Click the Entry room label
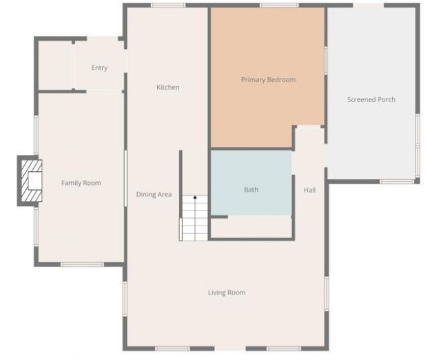tap(99, 68)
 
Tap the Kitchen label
tap(168, 88)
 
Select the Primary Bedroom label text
tap(268, 80)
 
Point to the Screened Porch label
tap(371, 100)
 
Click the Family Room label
tap(81, 183)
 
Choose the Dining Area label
tap(154, 194)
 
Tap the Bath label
tap(252, 190)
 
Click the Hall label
tap(309, 190)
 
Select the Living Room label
tap(227, 292)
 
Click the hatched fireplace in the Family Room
tap(30, 181)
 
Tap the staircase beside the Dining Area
tap(194, 219)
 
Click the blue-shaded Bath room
tap(252, 172)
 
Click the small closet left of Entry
tap(55, 65)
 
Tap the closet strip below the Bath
tap(252, 228)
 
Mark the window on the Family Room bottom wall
tap(82, 264)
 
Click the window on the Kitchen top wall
tap(163, 6)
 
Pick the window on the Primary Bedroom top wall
tap(279, 6)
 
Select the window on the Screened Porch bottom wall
tap(398, 181)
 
